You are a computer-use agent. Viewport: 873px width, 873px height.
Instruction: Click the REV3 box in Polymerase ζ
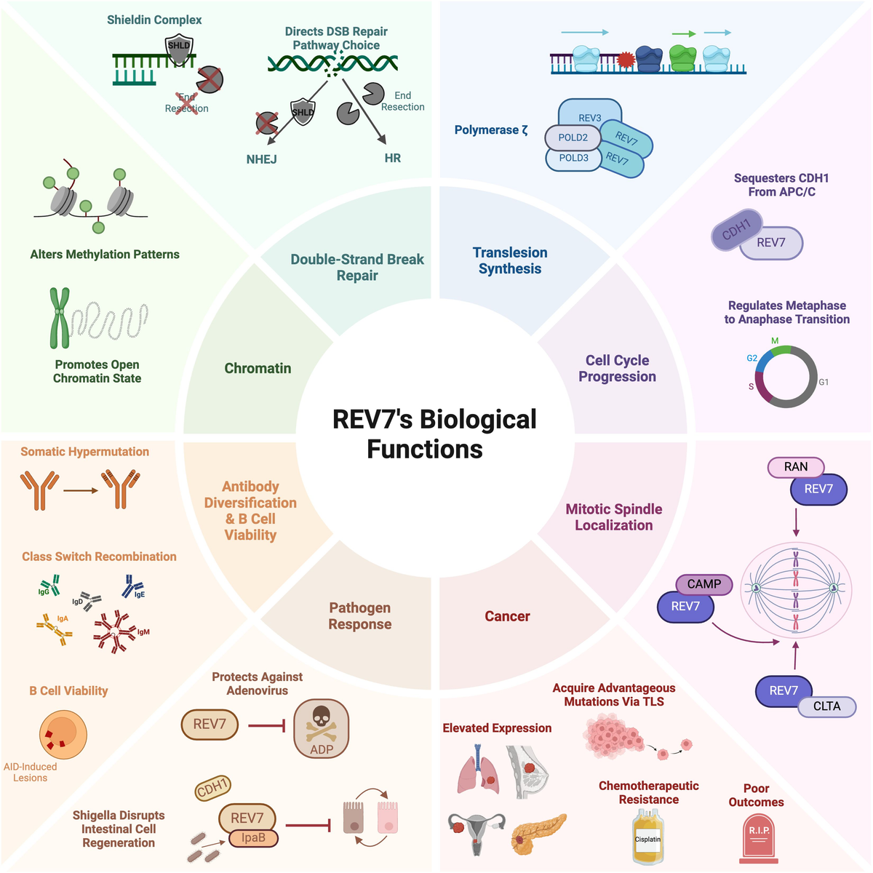coord(589,116)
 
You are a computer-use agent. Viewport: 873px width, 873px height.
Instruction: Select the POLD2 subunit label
coord(573,137)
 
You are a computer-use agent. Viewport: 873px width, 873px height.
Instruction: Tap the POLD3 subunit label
coord(573,158)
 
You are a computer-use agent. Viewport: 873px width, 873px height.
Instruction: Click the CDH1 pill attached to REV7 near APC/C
coord(736,230)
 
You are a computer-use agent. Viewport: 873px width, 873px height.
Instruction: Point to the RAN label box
coord(796,467)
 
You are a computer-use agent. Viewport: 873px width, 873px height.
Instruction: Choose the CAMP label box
coord(703,584)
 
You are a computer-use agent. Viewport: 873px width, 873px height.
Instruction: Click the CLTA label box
coord(826,706)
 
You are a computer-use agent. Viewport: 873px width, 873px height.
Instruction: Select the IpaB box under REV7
coord(252,838)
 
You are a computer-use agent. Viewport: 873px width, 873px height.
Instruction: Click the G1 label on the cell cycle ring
coord(824,382)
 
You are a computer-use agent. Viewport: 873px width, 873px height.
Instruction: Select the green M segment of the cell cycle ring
coord(780,350)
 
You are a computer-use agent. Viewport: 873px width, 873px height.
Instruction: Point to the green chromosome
coord(60,317)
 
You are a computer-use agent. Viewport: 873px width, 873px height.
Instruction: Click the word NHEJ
coord(261,159)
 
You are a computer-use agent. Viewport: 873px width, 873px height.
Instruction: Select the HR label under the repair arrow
coord(393,158)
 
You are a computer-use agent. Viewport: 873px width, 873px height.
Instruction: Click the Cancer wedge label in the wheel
coord(507,616)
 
